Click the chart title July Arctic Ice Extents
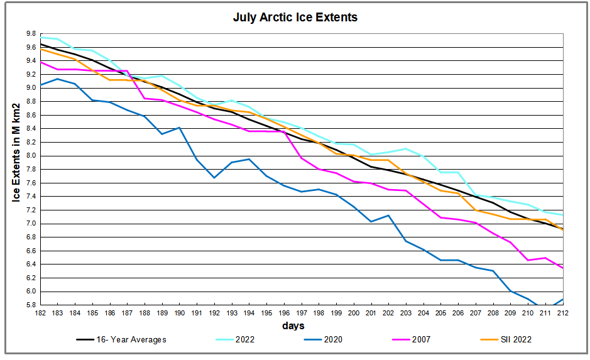295,18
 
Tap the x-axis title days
293,325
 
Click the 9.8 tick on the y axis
31,33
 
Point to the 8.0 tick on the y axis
31,156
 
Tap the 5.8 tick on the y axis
31,305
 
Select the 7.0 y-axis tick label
31,224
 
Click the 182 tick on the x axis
40,312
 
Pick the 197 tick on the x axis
302,312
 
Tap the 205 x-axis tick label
442,312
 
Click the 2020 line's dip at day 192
214,178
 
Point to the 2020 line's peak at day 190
180,128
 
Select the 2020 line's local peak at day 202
389,215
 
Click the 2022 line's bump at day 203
407,149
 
